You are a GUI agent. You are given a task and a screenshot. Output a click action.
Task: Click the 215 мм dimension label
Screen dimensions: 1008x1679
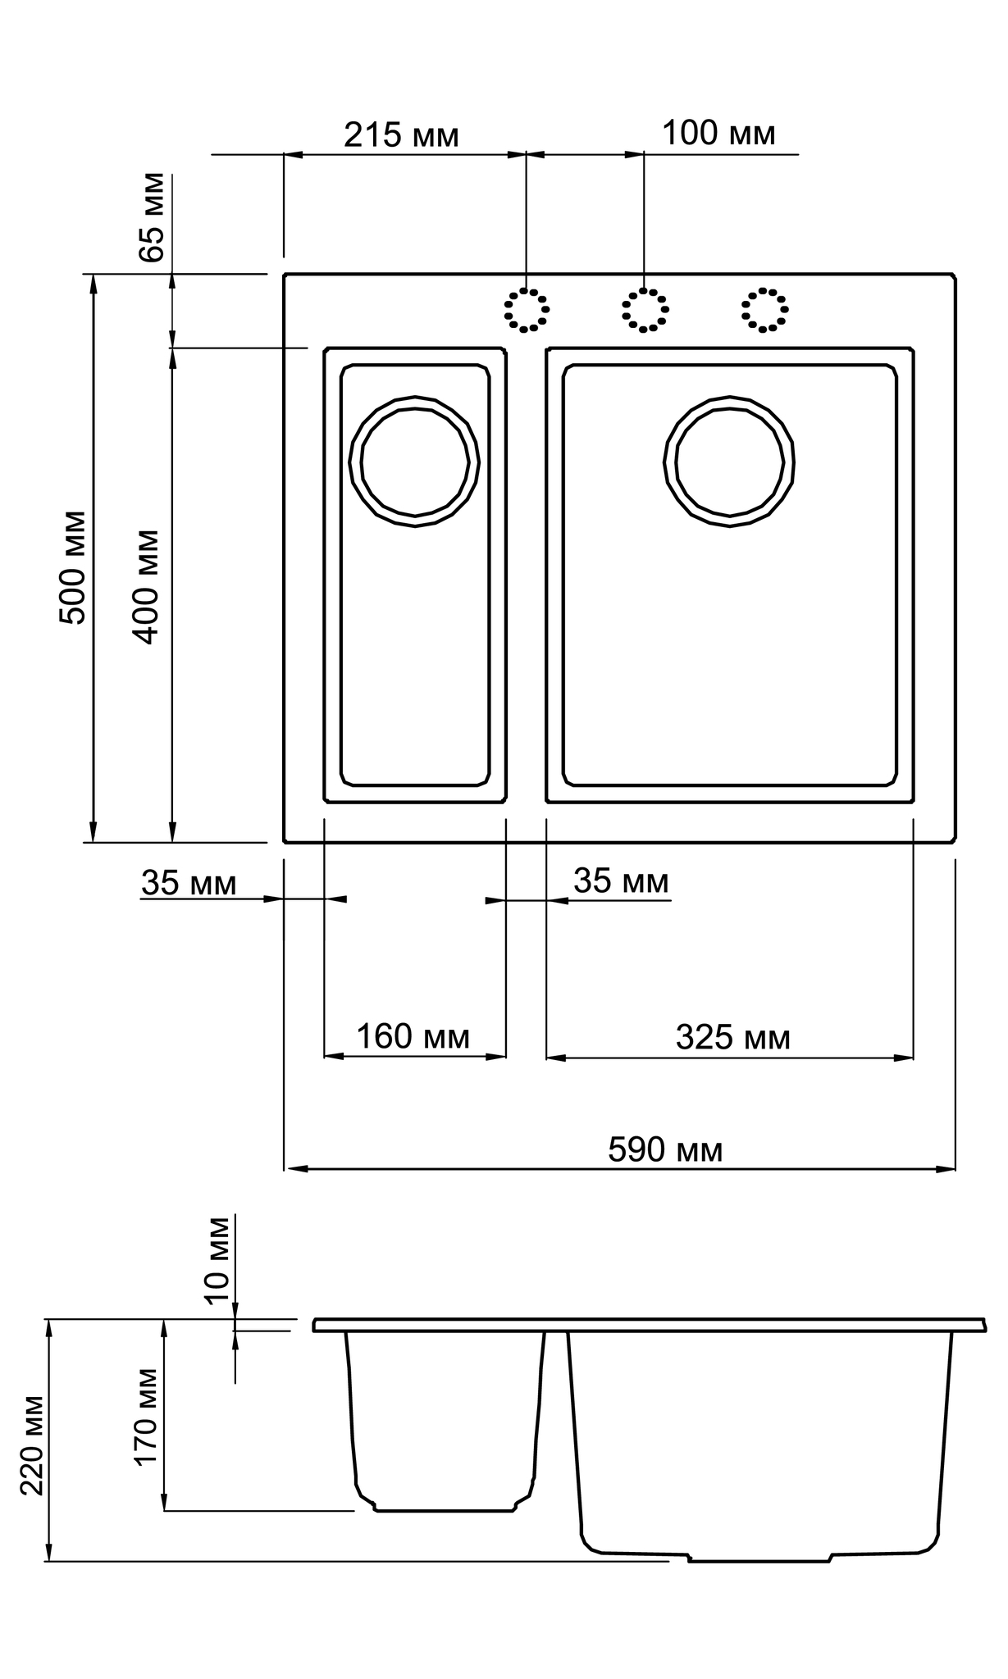pos(401,136)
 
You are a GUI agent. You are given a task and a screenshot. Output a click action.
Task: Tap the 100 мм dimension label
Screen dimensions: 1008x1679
pos(718,134)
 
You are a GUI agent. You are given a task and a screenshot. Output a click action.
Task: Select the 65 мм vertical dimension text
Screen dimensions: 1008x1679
pos(153,217)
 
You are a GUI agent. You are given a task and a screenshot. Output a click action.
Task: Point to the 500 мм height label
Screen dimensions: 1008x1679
pos(74,567)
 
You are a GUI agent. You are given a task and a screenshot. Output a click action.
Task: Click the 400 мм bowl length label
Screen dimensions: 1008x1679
pos(146,587)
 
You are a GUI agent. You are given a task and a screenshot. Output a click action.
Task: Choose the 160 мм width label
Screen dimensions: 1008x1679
pos(413,1037)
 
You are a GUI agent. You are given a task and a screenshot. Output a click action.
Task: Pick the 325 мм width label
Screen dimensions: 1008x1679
pos(733,1038)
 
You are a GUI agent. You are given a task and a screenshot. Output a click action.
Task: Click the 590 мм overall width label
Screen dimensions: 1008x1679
pos(665,1150)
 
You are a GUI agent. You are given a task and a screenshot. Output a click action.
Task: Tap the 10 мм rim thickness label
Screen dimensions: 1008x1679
pos(217,1260)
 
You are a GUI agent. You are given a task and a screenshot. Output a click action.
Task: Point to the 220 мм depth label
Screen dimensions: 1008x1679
pos(32,1445)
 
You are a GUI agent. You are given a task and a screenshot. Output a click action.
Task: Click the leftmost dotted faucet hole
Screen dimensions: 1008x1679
pos(527,310)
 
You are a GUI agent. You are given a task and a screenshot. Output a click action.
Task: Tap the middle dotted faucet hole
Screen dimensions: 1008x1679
pos(645,310)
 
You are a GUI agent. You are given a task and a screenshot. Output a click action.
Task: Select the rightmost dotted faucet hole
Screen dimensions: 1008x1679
pos(765,310)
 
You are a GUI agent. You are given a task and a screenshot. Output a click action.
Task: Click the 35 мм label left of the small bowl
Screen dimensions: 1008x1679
pos(189,884)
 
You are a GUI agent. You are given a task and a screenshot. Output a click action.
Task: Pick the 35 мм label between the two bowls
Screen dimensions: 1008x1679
pos(621,881)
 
